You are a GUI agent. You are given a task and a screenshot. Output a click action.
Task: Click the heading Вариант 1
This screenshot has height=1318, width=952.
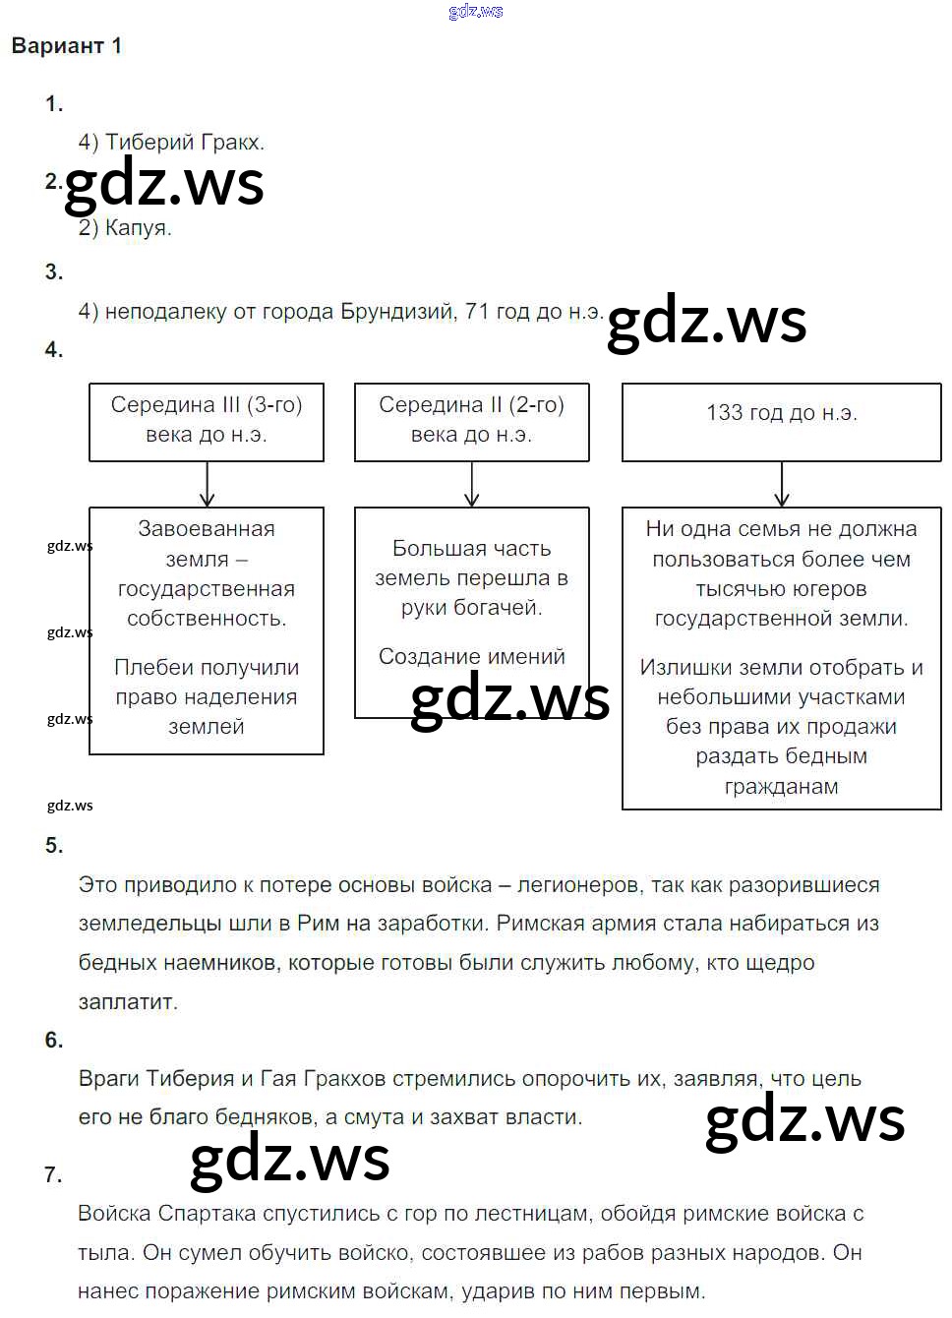pyautogui.click(x=66, y=46)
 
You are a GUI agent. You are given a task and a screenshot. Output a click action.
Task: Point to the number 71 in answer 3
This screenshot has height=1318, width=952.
pyautogui.click(x=477, y=312)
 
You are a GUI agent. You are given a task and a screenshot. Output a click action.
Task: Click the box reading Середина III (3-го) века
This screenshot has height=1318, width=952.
pyautogui.click(x=207, y=421)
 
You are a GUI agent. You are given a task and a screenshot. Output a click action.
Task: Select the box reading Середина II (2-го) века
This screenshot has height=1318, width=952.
pyautogui.click(x=472, y=421)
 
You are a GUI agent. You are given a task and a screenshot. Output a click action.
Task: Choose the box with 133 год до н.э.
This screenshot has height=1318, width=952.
pyautogui.click(x=782, y=421)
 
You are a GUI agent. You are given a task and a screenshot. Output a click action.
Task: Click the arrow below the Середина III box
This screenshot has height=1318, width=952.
pyautogui.click(x=207, y=485)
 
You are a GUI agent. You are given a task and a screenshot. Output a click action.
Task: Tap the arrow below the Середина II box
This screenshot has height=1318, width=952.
pyautogui.click(x=472, y=485)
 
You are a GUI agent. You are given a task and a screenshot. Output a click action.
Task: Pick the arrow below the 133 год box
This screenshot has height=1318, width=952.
pyautogui.click(x=782, y=485)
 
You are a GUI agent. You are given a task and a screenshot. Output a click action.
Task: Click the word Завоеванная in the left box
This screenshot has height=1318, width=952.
pyautogui.click(x=207, y=529)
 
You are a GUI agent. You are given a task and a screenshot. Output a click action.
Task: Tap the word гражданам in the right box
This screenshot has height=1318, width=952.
pyautogui.click(x=782, y=787)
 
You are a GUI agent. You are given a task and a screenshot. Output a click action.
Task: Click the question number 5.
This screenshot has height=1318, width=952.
pyautogui.click(x=54, y=846)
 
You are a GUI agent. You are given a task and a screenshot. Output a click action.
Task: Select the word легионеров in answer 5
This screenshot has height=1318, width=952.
pyautogui.click(x=578, y=885)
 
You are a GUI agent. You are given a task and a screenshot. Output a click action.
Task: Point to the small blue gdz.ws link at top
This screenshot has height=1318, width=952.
pyautogui.click(x=476, y=12)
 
